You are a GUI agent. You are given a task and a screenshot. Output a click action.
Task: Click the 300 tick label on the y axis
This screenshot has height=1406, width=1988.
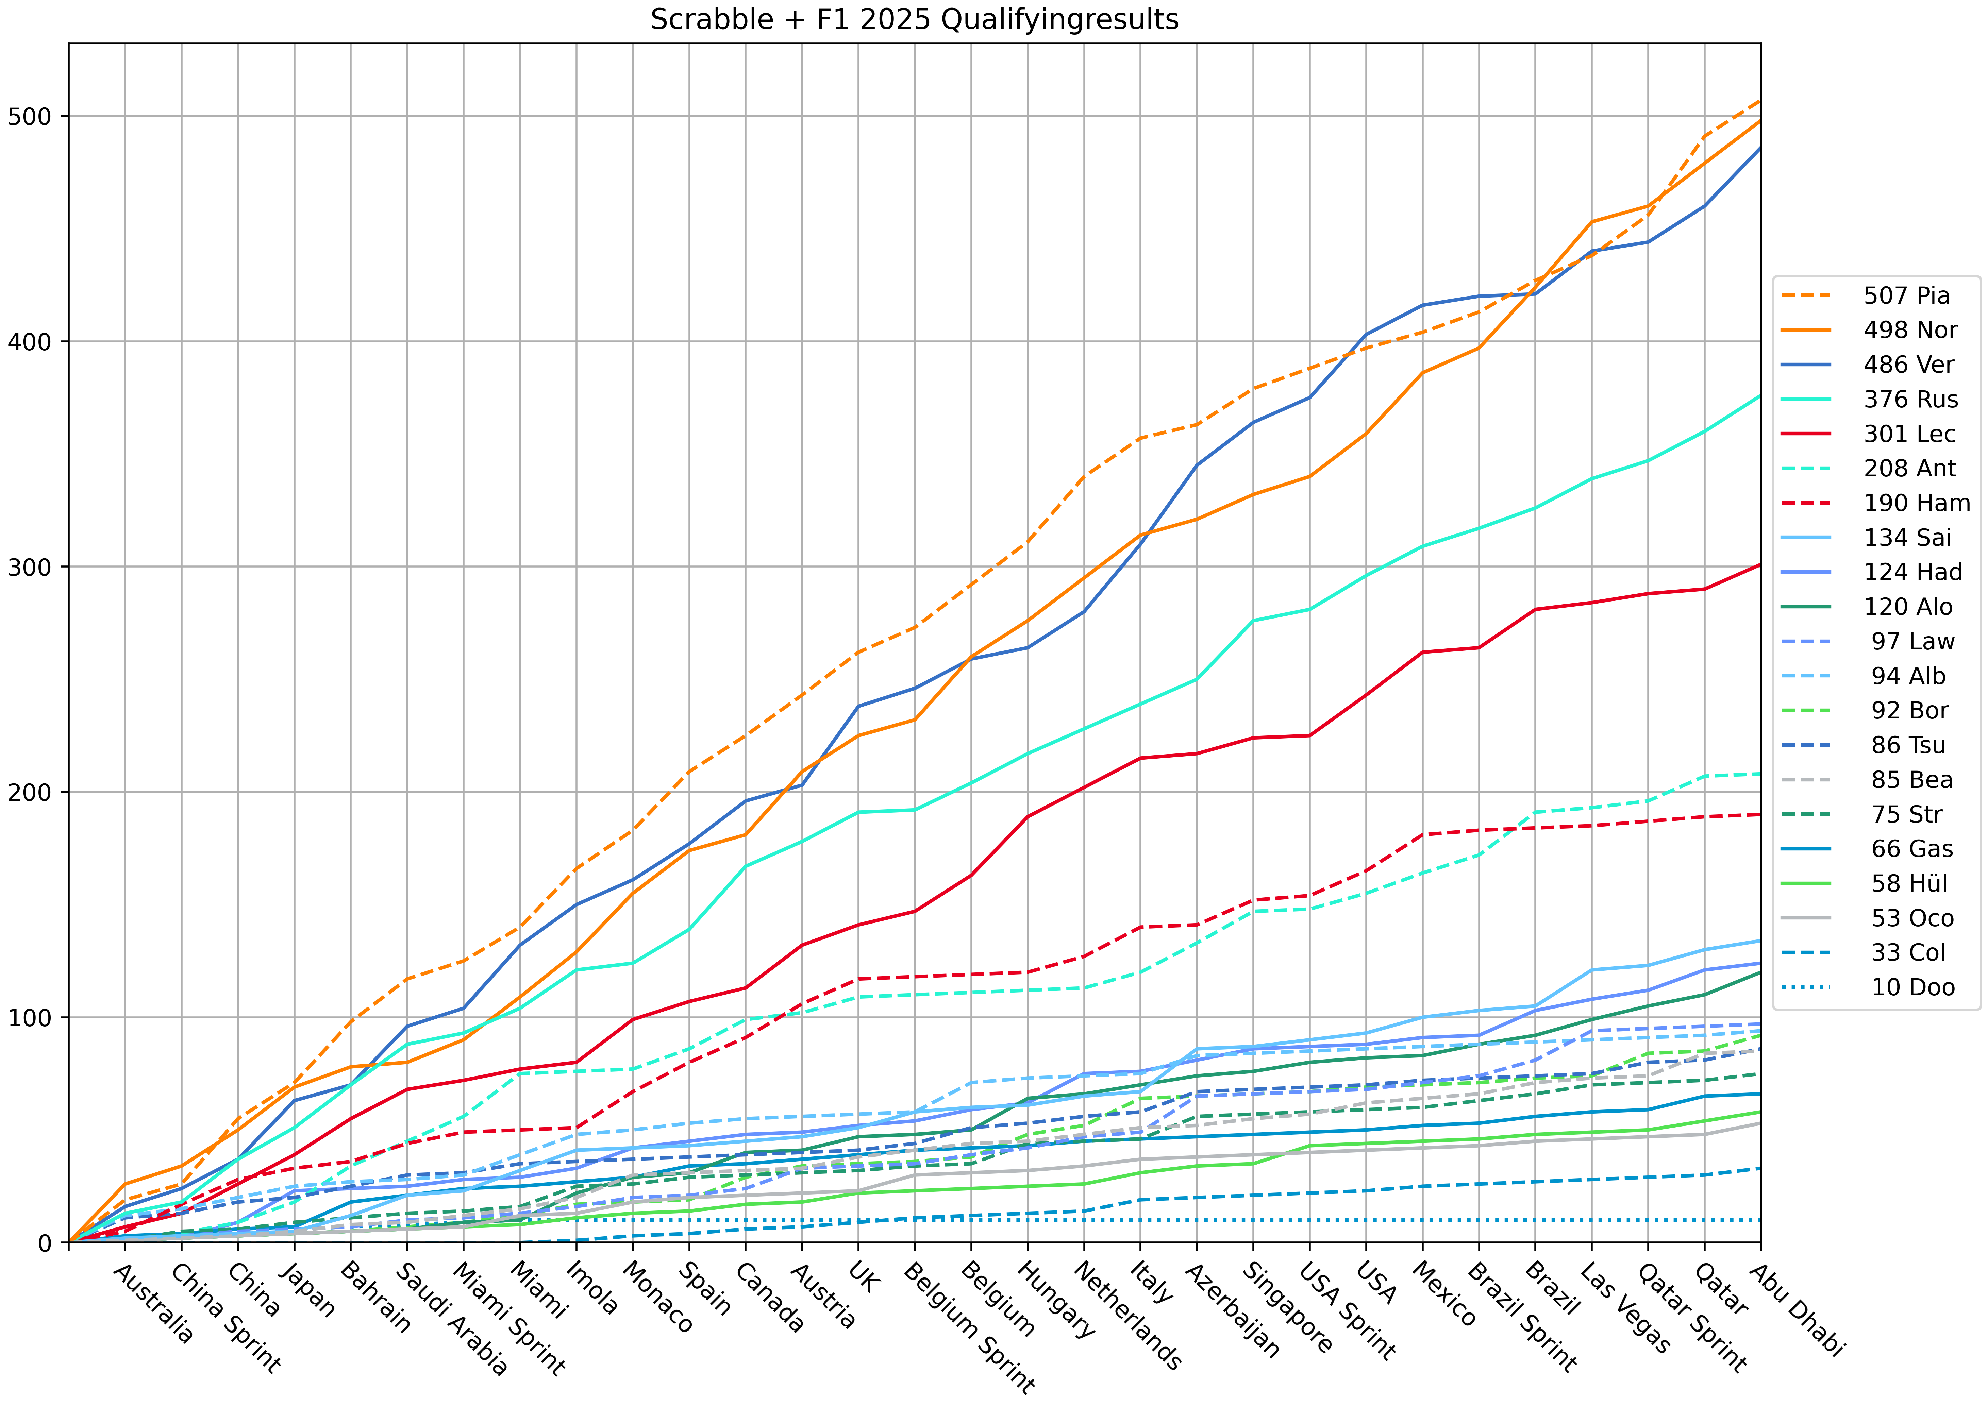click(x=31, y=567)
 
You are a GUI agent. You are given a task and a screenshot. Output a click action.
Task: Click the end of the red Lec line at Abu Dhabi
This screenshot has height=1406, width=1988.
click(x=1760, y=564)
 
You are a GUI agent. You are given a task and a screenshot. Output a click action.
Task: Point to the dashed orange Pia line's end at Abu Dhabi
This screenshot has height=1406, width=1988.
click(x=1760, y=100)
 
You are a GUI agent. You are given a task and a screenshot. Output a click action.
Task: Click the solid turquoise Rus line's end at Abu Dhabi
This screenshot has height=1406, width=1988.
click(x=1760, y=396)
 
